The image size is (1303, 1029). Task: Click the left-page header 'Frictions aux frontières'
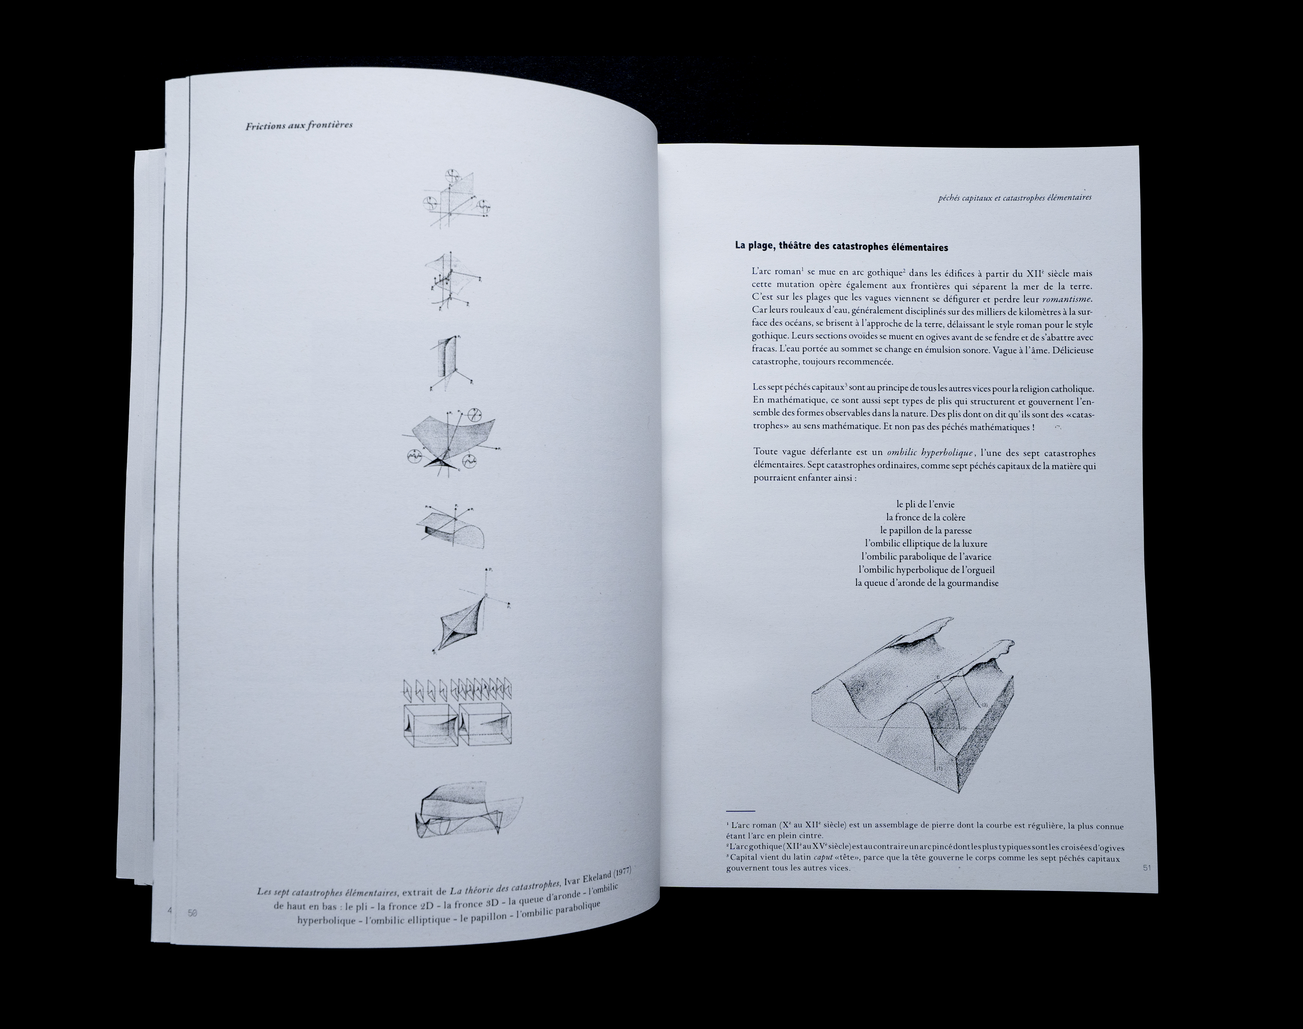pyautogui.click(x=299, y=125)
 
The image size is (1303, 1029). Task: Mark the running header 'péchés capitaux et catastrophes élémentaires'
pyautogui.click(x=1015, y=197)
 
